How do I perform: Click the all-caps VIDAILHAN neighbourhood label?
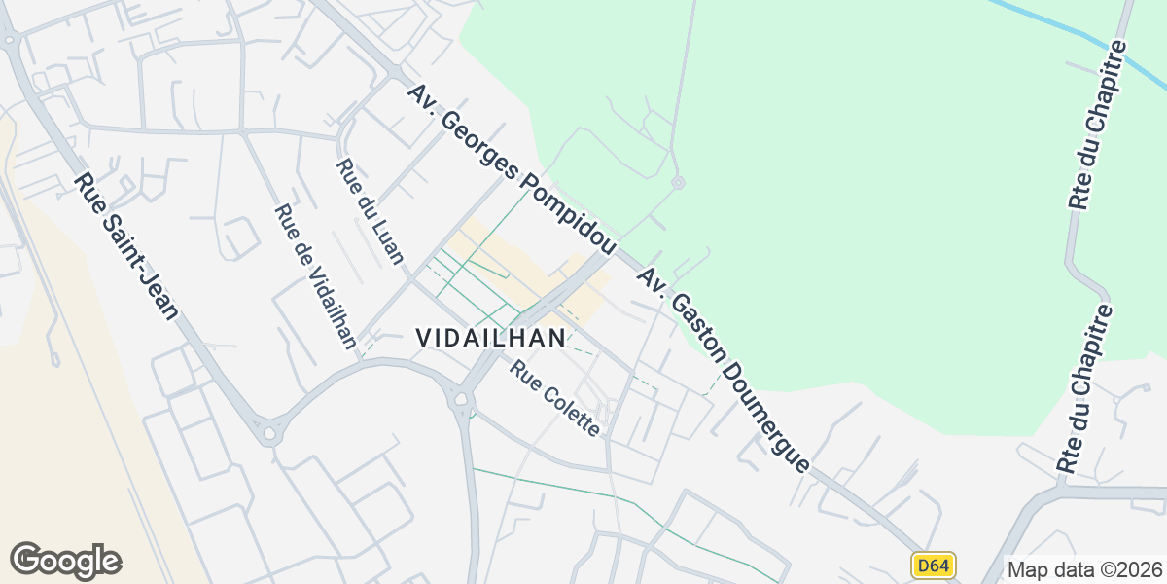point(491,338)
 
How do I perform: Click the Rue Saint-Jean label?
point(127,246)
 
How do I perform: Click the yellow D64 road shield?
point(934,566)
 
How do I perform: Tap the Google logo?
point(65,561)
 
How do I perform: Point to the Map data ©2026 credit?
point(1084,569)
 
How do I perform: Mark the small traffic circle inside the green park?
point(678,182)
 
